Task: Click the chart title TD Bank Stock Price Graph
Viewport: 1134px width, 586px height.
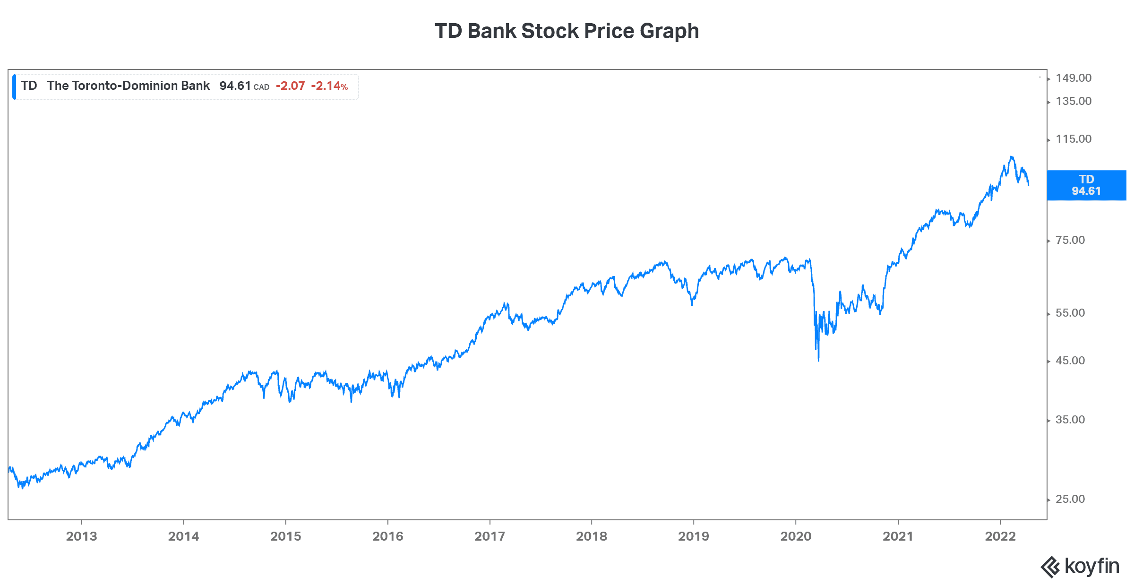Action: pyautogui.click(x=567, y=31)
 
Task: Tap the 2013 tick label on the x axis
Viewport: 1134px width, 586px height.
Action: pyautogui.click(x=81, y=536)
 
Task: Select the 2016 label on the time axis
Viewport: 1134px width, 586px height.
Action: pyautogui.click(x=387, y=536)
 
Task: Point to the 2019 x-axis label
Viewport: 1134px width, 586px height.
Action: pyautogui.click(x=693, y=536)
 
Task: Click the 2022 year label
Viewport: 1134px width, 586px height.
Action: pyautogui.click(x=1000, y=536)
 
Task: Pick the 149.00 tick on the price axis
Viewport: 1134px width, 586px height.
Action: pyautogui.click(x=1074, y=78)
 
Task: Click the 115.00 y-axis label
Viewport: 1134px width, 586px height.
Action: pyautogui.click(x=1074, y=139)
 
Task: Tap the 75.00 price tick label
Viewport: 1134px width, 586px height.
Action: pyautogui.click(x=1070, y=240)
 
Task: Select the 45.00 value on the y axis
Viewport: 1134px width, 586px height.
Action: pyautogui.click(x=1070, y=361)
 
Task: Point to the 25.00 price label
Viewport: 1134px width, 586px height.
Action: pyautogui.click(x=1070, y=499)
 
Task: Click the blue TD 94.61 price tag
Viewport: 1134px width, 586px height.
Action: pyautogui.click(x=1086, y=185)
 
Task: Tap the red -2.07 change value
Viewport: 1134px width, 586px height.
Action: pyautogui.click(x=291, y=86)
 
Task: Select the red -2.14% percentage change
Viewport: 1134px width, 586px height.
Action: pyautogui.click(x=329, y=86)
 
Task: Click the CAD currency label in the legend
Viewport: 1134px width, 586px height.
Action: pyautogui.click(x=261, y=87)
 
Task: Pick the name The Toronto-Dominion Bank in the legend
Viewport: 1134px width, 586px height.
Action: pyautogui.click(x=128, y=86)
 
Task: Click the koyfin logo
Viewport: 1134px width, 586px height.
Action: pyautogui.click(x=1080, y=566)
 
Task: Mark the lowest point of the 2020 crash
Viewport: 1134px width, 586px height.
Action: pyautogui.click(x=818, y=361)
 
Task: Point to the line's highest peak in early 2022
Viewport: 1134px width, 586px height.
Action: pyautogui.click(x=1011, y=157)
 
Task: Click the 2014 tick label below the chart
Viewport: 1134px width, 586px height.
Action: pyautogui.click(x=183, y=536)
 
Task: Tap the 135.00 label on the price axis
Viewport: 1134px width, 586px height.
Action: pyautogui.click(x=1074, y=101)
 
